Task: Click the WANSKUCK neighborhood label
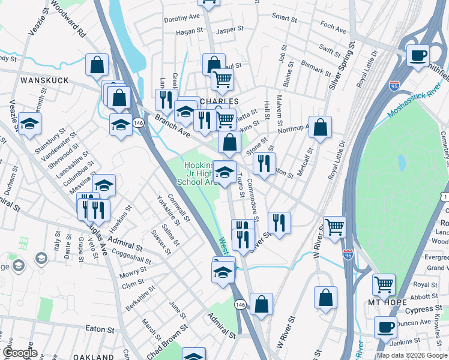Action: click(41, 80)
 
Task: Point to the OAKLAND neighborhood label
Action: click(94, 356)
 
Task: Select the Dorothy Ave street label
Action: click(182, 19)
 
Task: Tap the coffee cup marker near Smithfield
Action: click(418, 56)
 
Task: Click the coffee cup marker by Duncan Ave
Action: click(385, 328)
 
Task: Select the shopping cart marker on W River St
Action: click(334, 227)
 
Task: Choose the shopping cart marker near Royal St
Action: click(384, 284)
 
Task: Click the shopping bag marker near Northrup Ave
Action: click(321, 127)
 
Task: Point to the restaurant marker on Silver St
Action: click(279, 223)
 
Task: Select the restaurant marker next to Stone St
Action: click(264, 163)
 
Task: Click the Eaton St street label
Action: click(100, 329)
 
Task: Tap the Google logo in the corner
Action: click(20, 353)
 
